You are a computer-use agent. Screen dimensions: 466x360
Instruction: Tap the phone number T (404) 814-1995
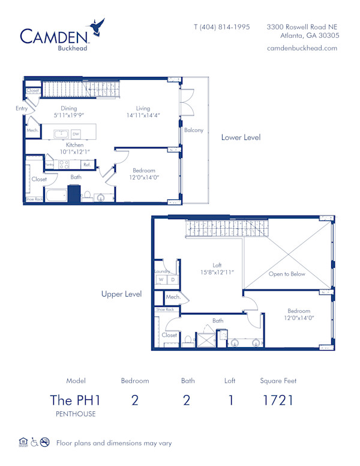coord(221,27)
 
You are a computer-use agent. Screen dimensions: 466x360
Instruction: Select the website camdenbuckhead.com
coord(302,48)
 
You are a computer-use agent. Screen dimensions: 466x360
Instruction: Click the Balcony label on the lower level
coord(193,130)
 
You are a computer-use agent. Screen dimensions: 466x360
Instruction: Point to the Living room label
coord(143,109)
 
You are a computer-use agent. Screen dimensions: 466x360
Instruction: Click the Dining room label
coord(68,109)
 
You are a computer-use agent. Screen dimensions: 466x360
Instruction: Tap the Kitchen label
coord(74,145)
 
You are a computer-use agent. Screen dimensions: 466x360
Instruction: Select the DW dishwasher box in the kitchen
coord(76,134)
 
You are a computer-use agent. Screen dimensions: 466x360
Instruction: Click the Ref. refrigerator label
coord(87,164)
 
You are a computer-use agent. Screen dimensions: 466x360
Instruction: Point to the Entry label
coord(22,109)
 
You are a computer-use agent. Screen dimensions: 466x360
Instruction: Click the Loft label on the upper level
coord(217,264)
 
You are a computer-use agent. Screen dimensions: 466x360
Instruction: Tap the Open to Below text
coord(287,274)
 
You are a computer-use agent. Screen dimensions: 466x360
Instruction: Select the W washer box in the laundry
coord(160,280)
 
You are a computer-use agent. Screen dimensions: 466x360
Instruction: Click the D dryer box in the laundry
coord(172,280)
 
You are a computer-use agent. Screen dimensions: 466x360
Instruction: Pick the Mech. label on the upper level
coord(173,297)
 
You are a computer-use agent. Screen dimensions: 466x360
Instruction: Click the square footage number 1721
coord(278,400)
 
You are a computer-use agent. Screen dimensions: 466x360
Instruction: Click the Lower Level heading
coord(241,138)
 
